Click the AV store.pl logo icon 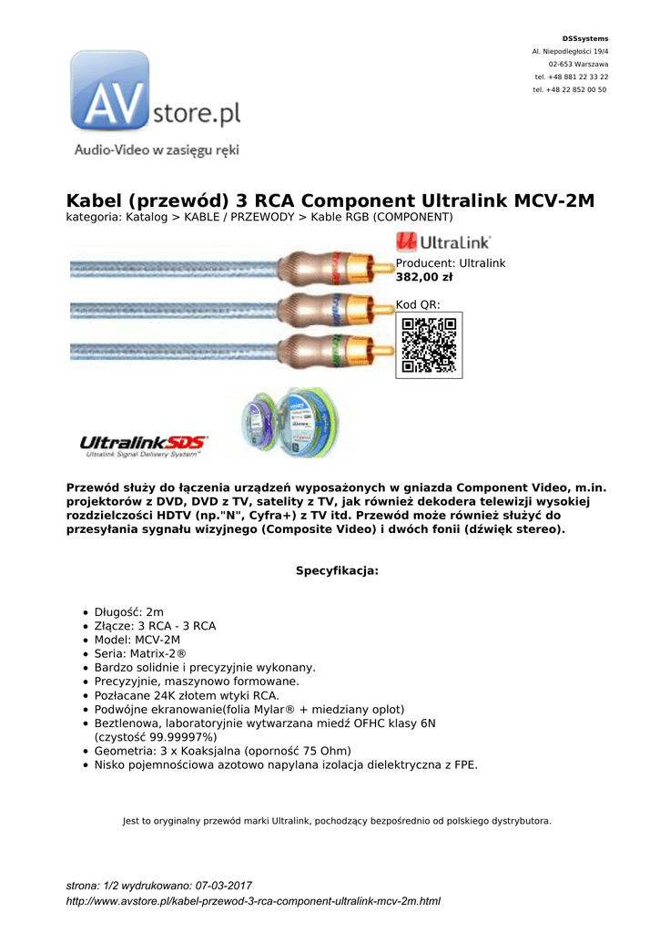[110, 91]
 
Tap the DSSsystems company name [585, 38]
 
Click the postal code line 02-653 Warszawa [578, 64]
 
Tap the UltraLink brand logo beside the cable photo [443, 241]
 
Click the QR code [429, 344]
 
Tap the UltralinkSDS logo [144, 444]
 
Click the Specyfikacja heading [336, 571]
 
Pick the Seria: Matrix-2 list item [140, 654]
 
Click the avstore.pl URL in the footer [254, 901]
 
